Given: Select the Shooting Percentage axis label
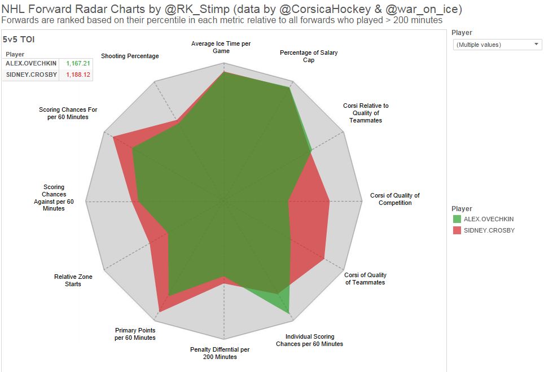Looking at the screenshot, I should pyautogui.click(x=130, y=56).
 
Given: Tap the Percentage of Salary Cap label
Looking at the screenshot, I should pyautogui.click(x=309, y=56).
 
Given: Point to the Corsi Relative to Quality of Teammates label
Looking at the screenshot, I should pyautogui.click(x=366, y=113).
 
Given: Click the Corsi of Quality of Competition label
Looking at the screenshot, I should pyautogui.click(x=395, y=199).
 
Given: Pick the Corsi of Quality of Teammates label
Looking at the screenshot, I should pyautogui.click(x=365, y=278).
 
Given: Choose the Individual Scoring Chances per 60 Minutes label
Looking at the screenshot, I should pyautogui.click(x=309, y=340).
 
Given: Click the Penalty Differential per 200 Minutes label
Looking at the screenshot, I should pyautogui.click(x=220, y=353).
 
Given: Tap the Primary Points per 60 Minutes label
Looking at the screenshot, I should pyautogui.click(x=135, y=334).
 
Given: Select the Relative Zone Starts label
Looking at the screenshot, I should pyautogui.click(x=73, y=280).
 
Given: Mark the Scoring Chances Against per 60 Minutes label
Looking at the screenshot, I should pyautogui.click(x=54, y=198).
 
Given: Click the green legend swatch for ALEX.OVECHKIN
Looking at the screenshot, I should pyautogui.click(x=457, y=219).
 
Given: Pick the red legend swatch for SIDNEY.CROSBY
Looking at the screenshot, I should pyautogui.click(x=457, y=230).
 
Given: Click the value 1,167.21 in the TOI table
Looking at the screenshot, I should pyautogui.click(x=78, y=63).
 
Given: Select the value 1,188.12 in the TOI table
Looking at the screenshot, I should pyautogui.click(x=78, y=75).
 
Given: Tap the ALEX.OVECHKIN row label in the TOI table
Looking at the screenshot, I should pyautogui.click(x=31, y=63).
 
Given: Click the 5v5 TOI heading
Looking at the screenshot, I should pyautogui.click(x=19, y=40).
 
